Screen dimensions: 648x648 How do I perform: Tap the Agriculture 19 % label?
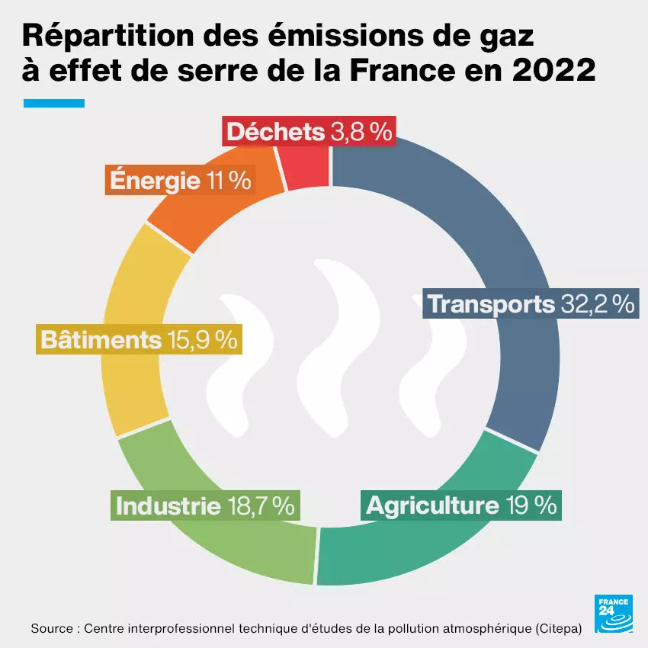pyautogui.click(x=461, y=505)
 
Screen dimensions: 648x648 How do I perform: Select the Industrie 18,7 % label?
pyautogui.click(x=204, y=505)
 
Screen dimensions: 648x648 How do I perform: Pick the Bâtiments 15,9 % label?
pyautogui.click(x=139, y=339)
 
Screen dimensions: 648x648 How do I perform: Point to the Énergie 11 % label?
pyautogui.click(x=181, y=181)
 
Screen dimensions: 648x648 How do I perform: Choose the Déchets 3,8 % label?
pyautogui.click(x=309, y=132)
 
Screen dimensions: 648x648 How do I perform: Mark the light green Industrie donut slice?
pyautogui.click(x=229, y=541)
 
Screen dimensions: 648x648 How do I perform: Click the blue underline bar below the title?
pyautogui.click(x=54, y=103)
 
